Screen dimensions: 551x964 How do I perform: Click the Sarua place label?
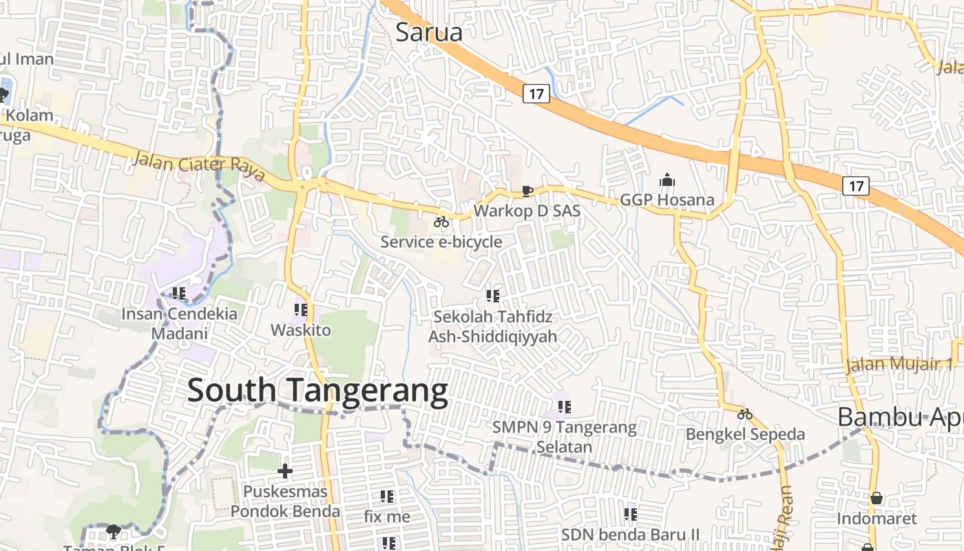click(428, 32)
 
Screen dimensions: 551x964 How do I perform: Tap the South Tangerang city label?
click(317, 391)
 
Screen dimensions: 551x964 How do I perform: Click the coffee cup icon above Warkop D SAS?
click(527, 191)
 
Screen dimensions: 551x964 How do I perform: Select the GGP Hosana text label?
click(667, 200)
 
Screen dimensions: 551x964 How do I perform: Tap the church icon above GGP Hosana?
click(667, 180)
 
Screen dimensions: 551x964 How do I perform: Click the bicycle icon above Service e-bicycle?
click(441, 222)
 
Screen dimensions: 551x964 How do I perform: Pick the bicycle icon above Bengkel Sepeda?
click(744, 414)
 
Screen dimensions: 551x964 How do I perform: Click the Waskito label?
click(300, 330)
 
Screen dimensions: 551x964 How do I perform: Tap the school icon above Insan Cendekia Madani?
click(179, 293)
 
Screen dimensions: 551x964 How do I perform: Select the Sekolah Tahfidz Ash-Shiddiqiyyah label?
click(492, 327)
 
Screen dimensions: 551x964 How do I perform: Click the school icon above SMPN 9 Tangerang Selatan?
click(564, 406)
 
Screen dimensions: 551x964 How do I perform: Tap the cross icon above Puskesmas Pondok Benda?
click(285, 471)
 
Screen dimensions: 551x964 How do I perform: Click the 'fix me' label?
click(387, 516)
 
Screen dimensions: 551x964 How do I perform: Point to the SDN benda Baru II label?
click(629, 534)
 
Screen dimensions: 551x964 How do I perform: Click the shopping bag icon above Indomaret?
click(877, 498)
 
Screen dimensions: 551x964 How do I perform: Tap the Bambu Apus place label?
click(899, 417)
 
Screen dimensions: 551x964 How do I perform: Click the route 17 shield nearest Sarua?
click(536, 93)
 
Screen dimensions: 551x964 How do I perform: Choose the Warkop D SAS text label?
click(527, 211)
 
